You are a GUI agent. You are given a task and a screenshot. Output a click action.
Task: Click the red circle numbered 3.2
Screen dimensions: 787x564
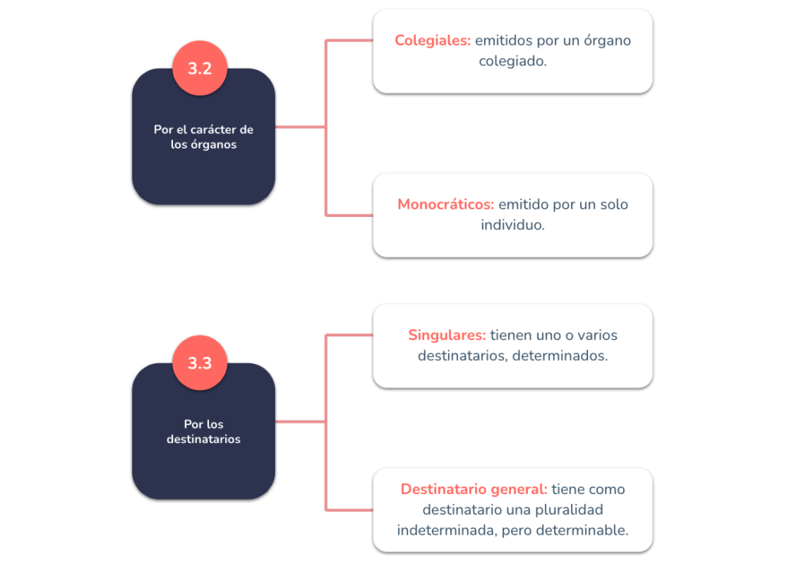click(200, 68)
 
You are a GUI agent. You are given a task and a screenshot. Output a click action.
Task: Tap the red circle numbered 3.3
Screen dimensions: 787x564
click(200, 362)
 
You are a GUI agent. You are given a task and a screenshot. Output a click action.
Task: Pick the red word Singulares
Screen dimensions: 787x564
click(447, 335)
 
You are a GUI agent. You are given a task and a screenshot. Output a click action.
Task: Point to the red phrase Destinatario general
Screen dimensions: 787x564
click(473, 489)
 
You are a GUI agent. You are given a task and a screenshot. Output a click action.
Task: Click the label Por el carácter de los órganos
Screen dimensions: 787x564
click(203, 137)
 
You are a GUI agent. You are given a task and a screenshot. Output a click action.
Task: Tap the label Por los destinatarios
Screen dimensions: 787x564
click(203, 432)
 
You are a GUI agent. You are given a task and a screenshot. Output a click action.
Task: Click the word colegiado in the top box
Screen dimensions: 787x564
click(511, 62)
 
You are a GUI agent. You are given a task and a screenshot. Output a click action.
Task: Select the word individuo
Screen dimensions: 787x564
click(511, 225)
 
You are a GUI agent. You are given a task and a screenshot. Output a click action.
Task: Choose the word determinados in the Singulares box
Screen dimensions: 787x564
click(558, 355)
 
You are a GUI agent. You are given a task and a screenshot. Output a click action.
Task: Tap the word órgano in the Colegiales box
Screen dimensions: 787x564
click(607, 41)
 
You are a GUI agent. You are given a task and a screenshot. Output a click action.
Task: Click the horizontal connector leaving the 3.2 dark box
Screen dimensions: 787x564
click(301, 127)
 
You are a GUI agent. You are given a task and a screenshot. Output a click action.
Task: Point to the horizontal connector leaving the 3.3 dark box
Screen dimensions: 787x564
click(301, 421)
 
